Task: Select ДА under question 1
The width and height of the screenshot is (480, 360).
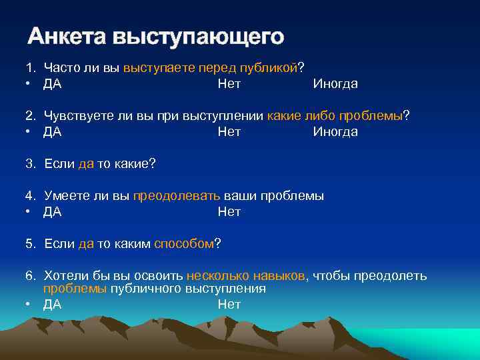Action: [53, 84]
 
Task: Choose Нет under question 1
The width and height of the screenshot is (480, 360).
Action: [229, 84]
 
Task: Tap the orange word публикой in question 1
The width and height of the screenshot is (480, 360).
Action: [271, 68]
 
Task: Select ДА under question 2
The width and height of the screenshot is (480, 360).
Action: [53, 132]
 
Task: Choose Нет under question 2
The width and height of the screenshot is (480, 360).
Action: [229, 132]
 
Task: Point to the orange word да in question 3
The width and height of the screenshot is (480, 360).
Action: [86, 164]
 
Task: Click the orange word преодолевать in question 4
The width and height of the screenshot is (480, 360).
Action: [177, 196]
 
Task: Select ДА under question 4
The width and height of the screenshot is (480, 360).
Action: [53, 212]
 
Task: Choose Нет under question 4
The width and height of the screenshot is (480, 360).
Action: [229, 212]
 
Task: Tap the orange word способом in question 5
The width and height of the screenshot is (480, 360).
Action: [184, 244]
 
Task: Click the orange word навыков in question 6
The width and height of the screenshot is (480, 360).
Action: [279, 276]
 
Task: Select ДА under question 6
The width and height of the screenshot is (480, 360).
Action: [53, 305]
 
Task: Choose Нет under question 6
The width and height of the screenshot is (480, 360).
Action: [229, 305]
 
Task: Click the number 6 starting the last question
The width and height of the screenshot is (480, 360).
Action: [30, 276]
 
